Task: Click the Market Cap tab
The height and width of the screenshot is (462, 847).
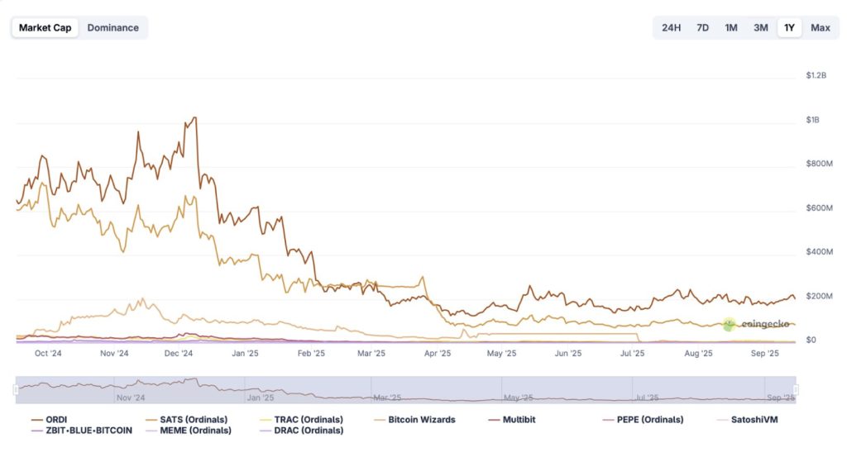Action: coord(45,27)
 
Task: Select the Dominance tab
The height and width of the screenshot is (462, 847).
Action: coord(113,27)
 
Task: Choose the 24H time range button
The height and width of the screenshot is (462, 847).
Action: coord(671,27)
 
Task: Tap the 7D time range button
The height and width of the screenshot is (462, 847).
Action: coord(702,27)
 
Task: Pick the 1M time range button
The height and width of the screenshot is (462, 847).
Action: coord(731,27)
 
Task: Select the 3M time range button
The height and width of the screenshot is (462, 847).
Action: coord(760,27)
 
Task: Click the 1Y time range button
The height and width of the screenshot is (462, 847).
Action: coord(789,27)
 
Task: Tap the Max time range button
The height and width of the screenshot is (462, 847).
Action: coord(821,27)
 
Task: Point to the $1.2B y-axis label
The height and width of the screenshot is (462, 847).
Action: coord(816,75)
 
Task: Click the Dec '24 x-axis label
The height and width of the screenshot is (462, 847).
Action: coord(179,353)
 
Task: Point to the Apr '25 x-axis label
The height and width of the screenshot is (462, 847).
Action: coord(438,353)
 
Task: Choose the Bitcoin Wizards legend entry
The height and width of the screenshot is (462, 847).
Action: coord(421,419)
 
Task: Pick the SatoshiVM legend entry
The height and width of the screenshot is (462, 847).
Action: coord(743,419)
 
